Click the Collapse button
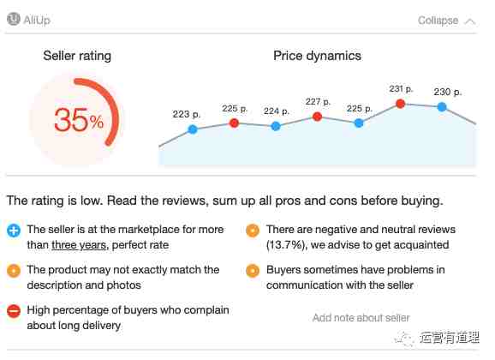point(446,21)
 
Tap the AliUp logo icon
point(14,19)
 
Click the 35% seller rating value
point(79,120)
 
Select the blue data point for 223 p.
point(193,129)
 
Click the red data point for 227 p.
point(317,117)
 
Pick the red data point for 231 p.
point(400,104)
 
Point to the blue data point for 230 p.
point(442,107)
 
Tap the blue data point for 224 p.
point(276,126)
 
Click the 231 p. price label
point(401,89)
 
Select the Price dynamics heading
point(317,56)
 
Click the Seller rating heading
point(77,56)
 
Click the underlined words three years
point(79,245)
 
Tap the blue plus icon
point(14,231)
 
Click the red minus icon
point(14,311)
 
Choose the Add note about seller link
point(361,318)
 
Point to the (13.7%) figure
point(287,245)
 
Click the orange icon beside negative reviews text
point(253,231)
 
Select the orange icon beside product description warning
point(14,271)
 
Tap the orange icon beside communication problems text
point(253,271)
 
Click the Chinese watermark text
point(450,338)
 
